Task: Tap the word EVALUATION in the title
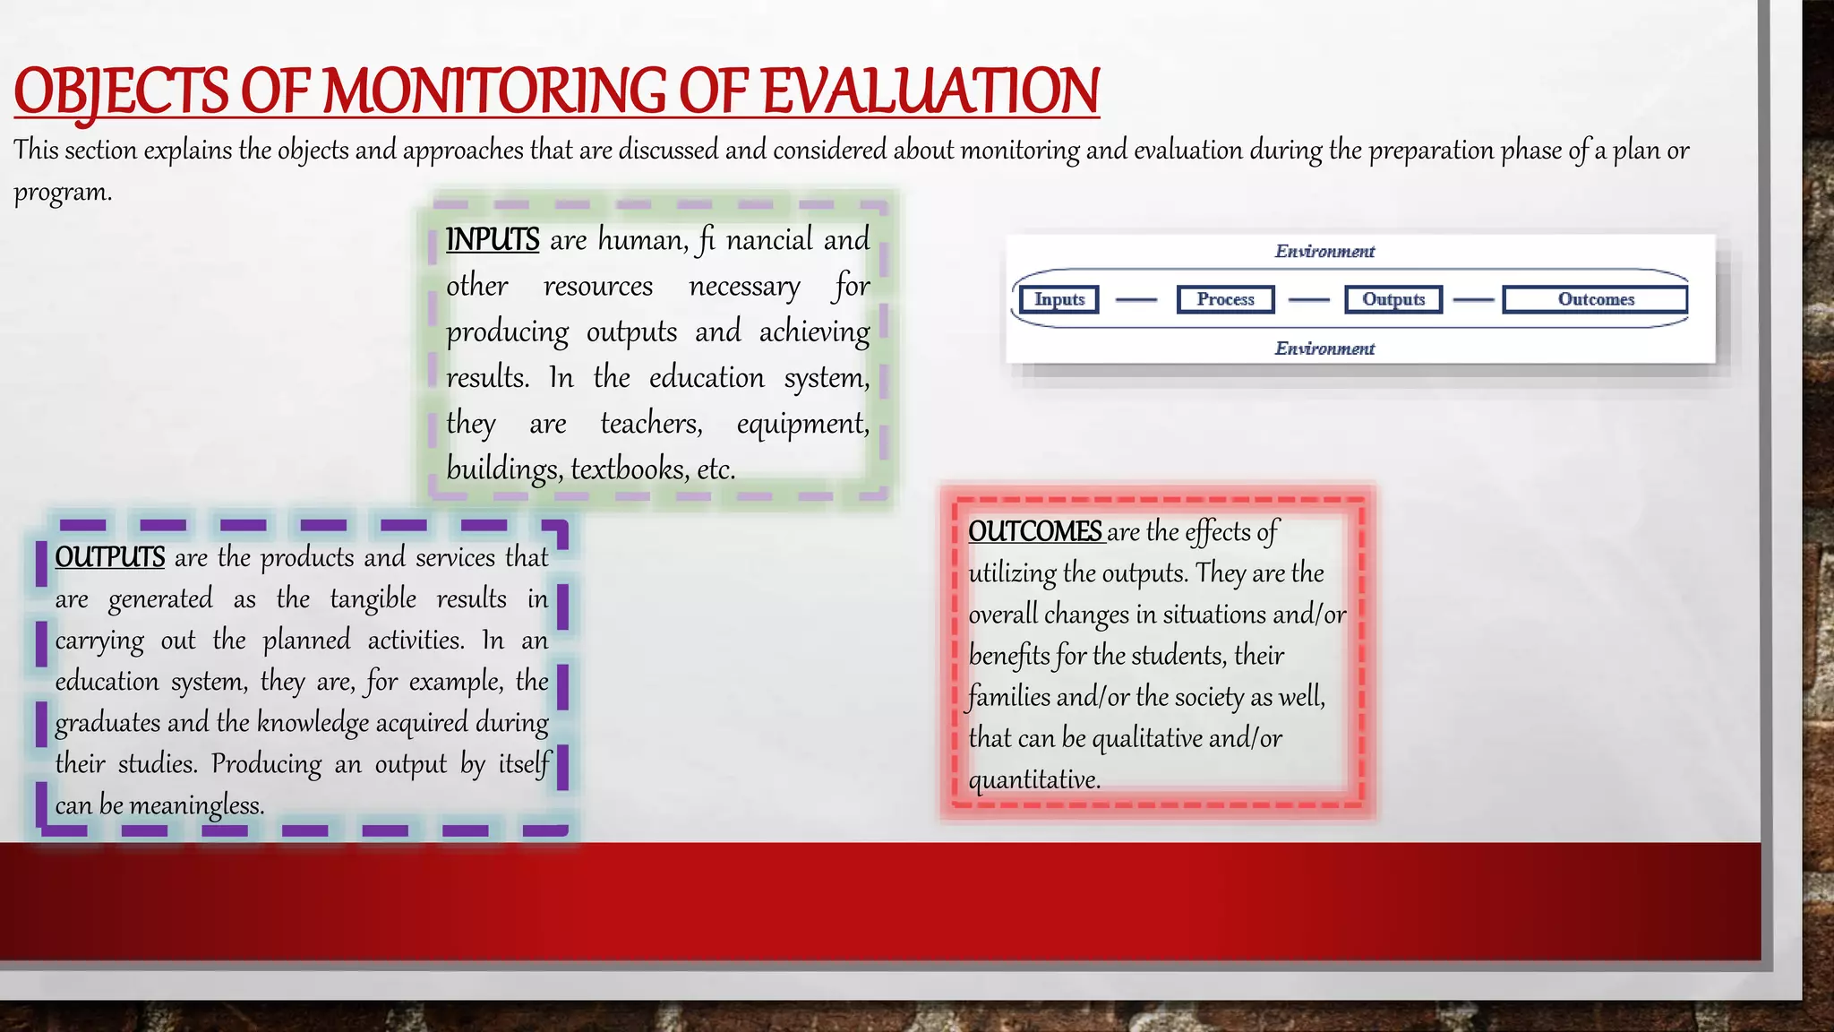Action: [930, 91]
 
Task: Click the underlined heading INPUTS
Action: [493, 239]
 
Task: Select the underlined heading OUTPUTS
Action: [109, 557]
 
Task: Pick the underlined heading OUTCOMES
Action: [1035, 531]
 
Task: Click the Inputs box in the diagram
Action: [1059, 299]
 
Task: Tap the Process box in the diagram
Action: [1225, 299]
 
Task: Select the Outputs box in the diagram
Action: [1393, 299]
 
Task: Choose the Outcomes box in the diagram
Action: [1595, 299]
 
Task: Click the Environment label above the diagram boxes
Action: [1324, 252]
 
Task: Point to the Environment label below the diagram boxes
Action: [1324, 348]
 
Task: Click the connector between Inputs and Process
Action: [1136, 300]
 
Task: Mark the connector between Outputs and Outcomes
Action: [1473, 300]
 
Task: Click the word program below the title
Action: [60, 193]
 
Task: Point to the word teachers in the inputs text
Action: [651, 423]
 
